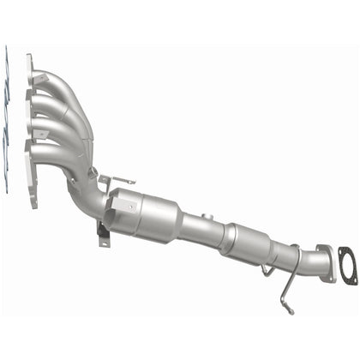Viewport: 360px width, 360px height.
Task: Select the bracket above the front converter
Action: [118, 181]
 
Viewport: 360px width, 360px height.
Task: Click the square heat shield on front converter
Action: [120, 206]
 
